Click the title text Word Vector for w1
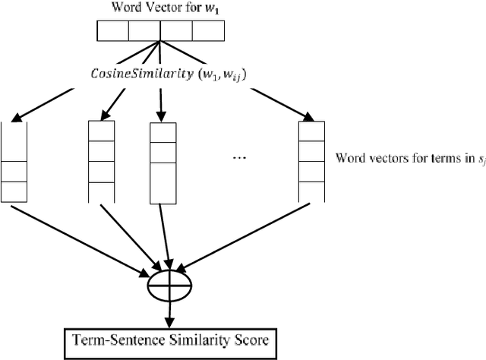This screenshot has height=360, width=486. point(161,8)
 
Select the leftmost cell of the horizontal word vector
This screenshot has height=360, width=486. point(113,30)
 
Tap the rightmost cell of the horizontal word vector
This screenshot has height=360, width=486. point(208,30)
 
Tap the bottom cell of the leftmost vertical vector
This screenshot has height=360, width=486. point(14,191)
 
